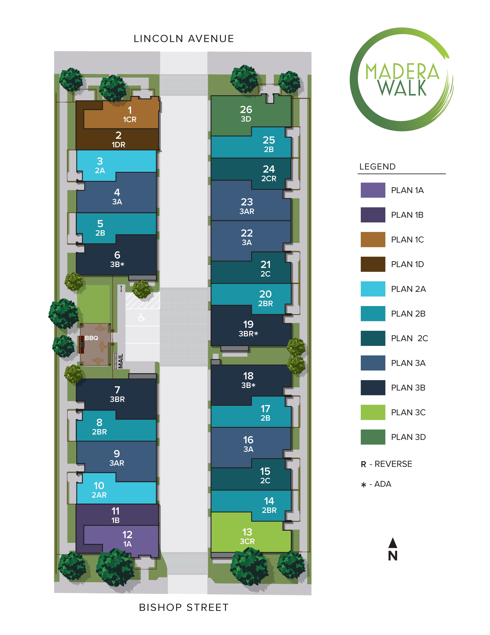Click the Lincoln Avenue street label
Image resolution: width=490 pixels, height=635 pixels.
point(184,39)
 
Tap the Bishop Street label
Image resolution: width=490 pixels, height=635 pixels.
point(184,607)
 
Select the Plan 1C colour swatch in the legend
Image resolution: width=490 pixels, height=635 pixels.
point(373,240)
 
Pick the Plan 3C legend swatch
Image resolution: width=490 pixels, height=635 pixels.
point(373,412)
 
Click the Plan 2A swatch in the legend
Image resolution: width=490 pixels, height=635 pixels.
point(373,289)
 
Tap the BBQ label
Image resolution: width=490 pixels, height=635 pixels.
point(91,338)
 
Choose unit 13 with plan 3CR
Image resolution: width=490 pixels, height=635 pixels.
point(247,532)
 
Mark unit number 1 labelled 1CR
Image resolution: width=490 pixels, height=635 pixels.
point(130,110)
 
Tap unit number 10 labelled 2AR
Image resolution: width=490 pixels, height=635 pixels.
point(99,486)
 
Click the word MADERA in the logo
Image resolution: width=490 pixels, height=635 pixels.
point(402,71)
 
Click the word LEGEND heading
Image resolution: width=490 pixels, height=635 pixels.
point(377,167)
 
